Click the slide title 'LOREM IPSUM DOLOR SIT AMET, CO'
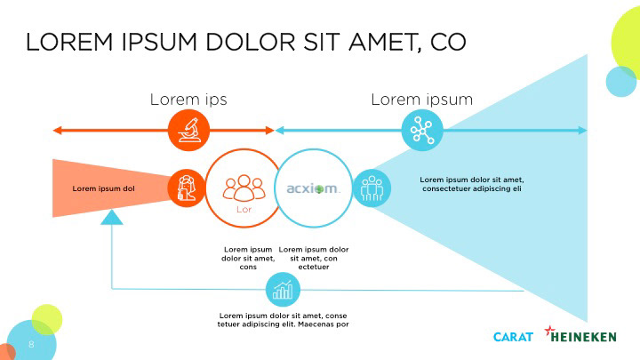pyautogui.click(x=245, y=42)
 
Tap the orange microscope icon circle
pyautogui.click(x=188, y=131)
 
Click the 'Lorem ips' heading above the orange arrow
pyautogui.click(x=188, y=100)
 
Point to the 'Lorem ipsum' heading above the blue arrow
pyautogui.click(x=421, y=100)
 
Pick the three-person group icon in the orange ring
pyautogui.click(x=244, y=187)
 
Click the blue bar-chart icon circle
pyautogui.click(x=284, y=290)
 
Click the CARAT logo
pyautogui.click(x=513, y=337)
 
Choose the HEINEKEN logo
pyautogui.click(x=587, y=336)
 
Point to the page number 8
pyautogui.click(x=31, y=342)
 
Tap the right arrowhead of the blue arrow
pyautogui.click(x=582, y=131)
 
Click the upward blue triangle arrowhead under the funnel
pyautogui.click(x=111, y=217)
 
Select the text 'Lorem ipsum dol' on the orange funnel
pyautogui.click(x=103, y=188)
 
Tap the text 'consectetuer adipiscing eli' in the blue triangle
pyautogui.click(x=471, y=189)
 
